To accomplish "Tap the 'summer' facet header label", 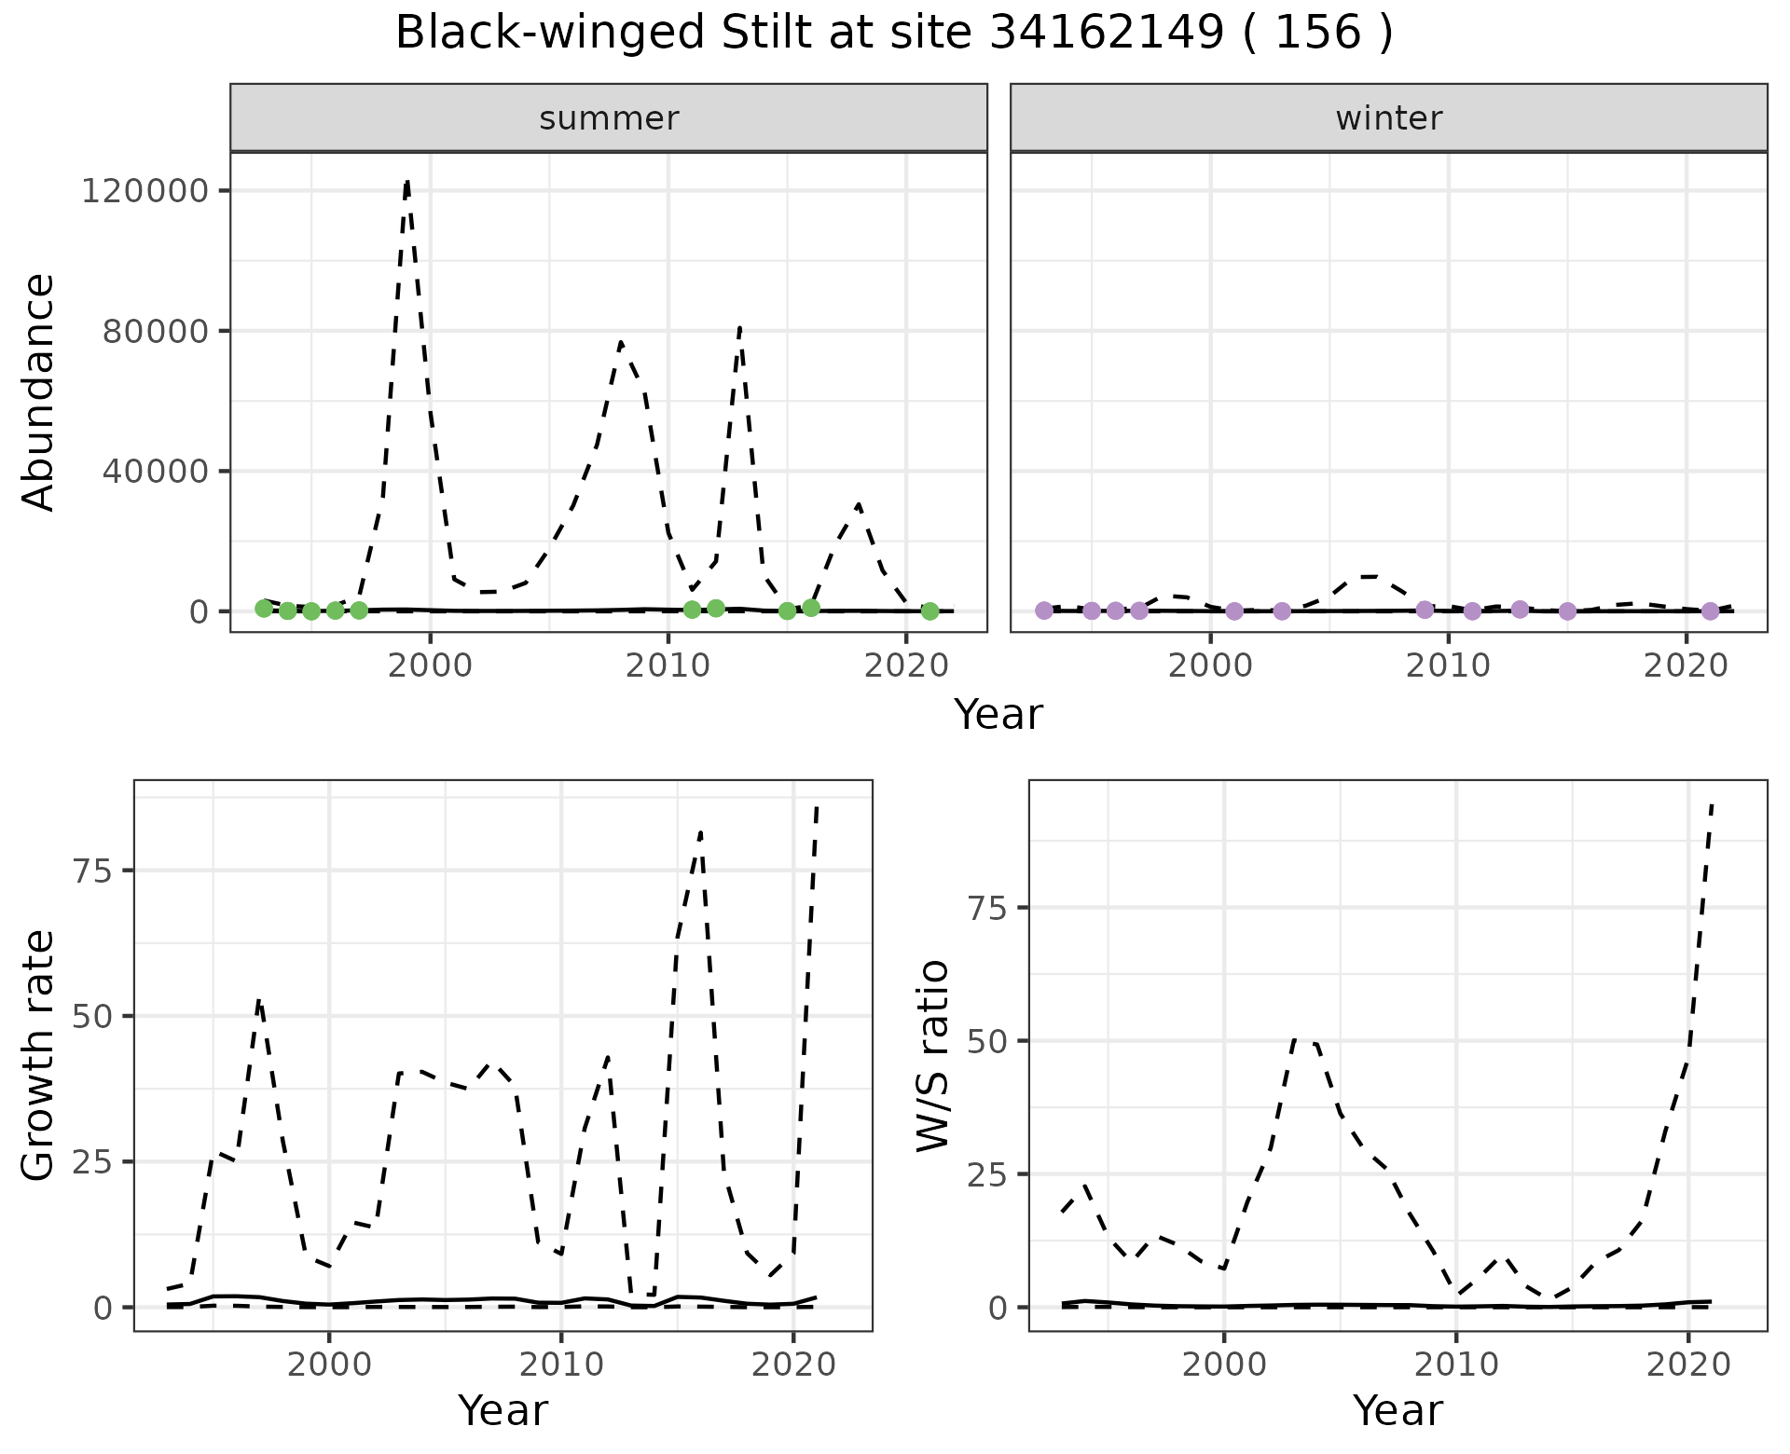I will pos(609,118).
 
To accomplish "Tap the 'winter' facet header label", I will pos(1388,118).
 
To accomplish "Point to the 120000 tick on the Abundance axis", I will pos(145,191).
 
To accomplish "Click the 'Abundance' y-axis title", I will pos(39,391).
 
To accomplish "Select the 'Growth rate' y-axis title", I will pos(39,1055).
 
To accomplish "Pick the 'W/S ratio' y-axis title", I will pos(932,1055).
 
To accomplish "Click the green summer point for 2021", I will pos(929,611).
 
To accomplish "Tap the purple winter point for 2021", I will pos(1710,611).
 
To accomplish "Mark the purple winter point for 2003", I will pos(1282,611).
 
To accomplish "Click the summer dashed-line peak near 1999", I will pos(407,181).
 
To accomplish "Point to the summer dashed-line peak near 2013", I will pos(739,327).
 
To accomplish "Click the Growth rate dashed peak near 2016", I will pos(700,831).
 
